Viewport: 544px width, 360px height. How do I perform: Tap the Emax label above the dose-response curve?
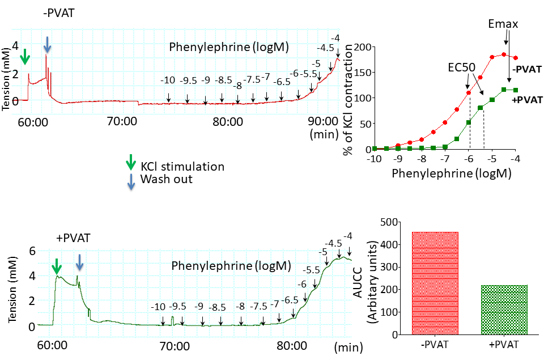click(x=503, y=24)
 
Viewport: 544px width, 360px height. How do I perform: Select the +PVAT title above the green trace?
click(x=73, y=237)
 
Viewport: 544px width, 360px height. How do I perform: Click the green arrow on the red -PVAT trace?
click(x=24, y=57)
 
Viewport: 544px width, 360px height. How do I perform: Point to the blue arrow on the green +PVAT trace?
click(x=80, y=262)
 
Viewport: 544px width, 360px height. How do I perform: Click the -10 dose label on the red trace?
click(x=167, y=81)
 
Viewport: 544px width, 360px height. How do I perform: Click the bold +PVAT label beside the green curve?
click(x=524, y=100)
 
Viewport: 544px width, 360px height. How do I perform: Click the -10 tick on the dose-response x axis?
click(x=374, y=159)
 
